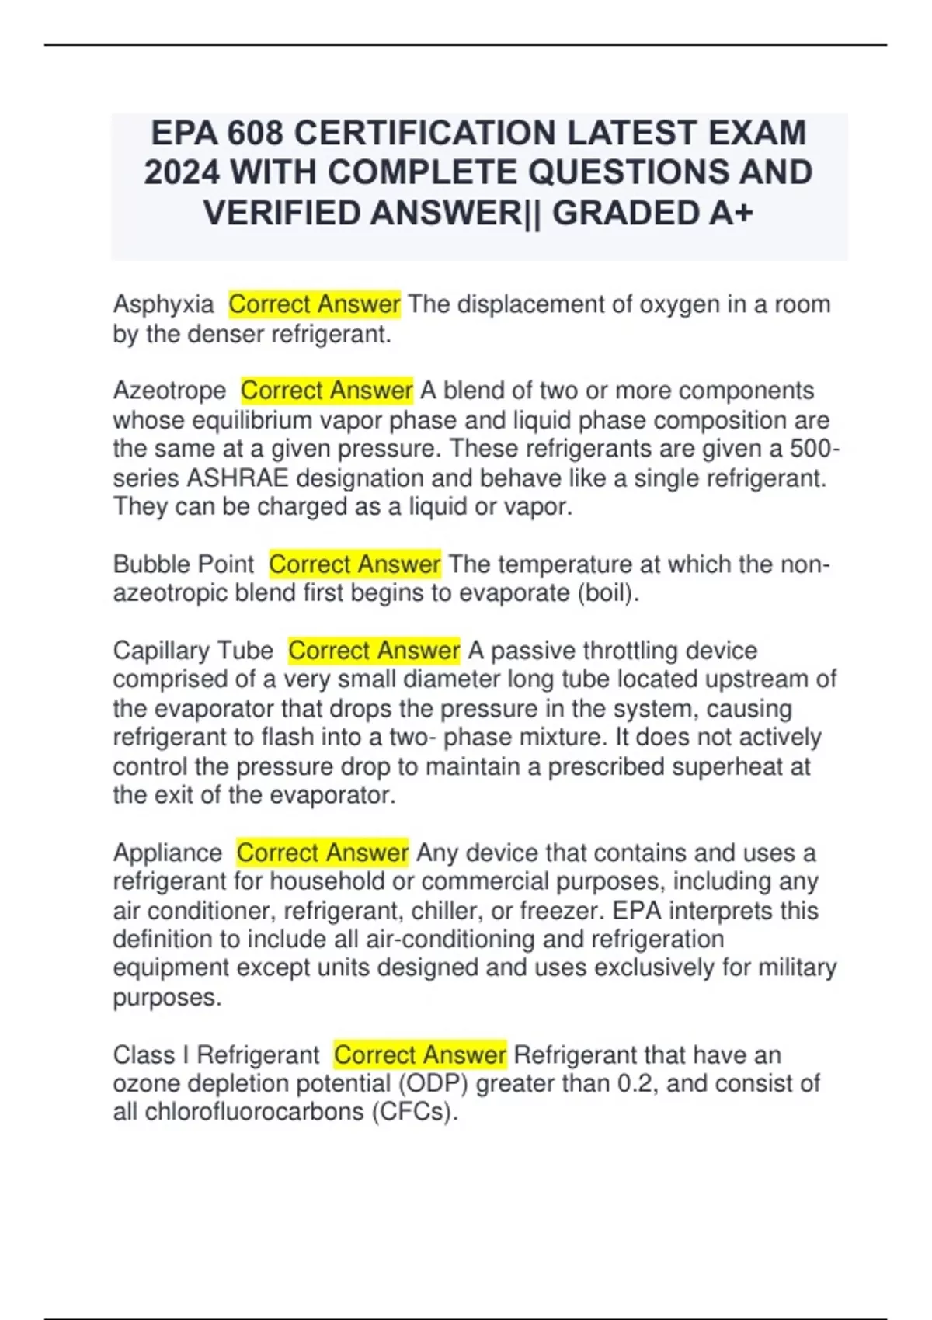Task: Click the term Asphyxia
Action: pyautogui.click(x=163, y=304)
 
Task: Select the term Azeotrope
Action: pyautogui.click(x=169, y=391)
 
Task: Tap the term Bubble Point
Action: pyautogui.click(x=183, y=564)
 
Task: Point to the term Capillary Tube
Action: pyautogui.click(x=193, y=651)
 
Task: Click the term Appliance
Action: pyautogui.click(x=167, y=853)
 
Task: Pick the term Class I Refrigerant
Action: pyautogui.click(x=216, y=1055)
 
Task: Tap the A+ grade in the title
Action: pyautogui.click(x=731, y=214)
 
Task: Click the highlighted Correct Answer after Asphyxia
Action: pyautogui.click(x=315, y=304)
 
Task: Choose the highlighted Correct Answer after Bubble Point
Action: pyautogui.click(x=355, y=564)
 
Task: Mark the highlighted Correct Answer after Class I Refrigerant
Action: pyautogui.click(x=420, y=1055)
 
